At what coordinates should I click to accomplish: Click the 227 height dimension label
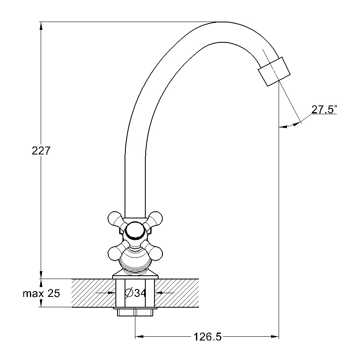(x=41, y=151)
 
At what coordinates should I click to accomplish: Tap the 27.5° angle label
(x=324, y=109)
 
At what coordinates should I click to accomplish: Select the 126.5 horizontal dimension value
(x=208, y=337)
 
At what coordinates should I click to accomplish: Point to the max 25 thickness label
(x=42, y=293)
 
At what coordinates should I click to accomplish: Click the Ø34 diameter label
(x=135, y=293)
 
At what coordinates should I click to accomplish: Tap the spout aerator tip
(x=274, y=71)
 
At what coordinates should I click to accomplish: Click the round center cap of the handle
(x=135, y=231)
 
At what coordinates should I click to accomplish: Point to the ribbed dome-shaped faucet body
(x=135, y=258)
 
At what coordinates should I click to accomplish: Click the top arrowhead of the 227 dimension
(x=41, y=26)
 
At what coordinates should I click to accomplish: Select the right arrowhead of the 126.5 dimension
(x=275, y=337)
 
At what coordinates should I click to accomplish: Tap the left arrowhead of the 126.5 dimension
(x=139, y=337)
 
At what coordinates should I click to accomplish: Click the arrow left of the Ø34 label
(x=105, y=293)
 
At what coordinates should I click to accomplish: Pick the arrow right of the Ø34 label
(x=165, y=293)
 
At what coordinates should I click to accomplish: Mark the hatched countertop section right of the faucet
(x=177, y=293)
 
